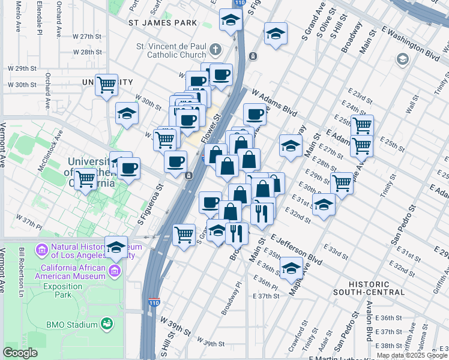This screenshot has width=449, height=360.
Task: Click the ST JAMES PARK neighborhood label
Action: [162, 23]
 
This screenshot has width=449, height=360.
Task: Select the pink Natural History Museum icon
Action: [42, 248]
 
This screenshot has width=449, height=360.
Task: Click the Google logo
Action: [20, 353]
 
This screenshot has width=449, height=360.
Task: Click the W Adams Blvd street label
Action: [275, 103]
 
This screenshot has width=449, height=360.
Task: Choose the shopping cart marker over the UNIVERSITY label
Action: [106, 85]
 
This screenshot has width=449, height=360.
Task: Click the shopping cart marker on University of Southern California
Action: [86, 178]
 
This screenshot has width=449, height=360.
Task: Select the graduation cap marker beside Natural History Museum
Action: [116, 247]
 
